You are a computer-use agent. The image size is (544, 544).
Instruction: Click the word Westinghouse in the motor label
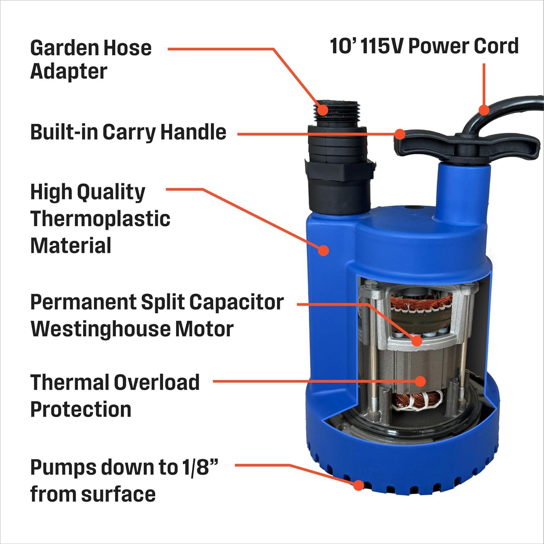100,329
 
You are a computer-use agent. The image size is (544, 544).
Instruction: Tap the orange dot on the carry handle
400,134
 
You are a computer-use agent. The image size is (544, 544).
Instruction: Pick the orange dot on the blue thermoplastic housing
323,250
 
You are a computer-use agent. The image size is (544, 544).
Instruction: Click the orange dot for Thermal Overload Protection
420,381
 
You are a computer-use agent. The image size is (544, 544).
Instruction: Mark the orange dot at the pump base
359,485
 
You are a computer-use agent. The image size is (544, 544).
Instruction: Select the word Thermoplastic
100,219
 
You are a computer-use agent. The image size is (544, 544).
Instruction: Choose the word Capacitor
236,302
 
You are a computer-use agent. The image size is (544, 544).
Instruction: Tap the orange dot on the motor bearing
417,341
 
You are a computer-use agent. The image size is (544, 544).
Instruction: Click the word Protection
81,409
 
